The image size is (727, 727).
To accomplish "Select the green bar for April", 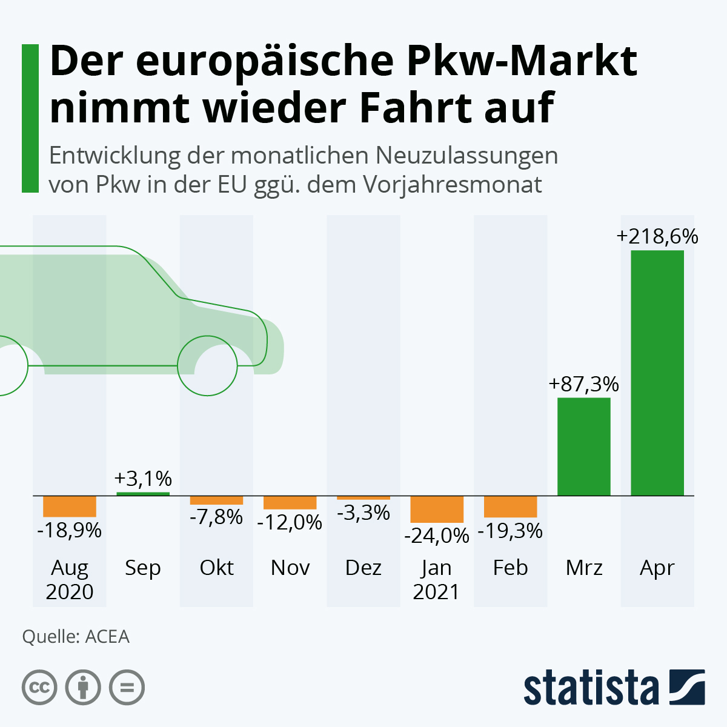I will click(657, 373).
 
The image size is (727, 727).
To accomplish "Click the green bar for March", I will click(583, 446).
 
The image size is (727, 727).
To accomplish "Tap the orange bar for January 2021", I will click(437, 510).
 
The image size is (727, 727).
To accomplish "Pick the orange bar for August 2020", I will click(70, 506).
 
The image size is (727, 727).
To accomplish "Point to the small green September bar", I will click(143, 494).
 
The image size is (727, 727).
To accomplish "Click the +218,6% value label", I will click(657, 236).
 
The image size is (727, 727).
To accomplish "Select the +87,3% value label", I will click(583, 384).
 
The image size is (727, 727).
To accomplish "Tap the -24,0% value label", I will click(437, 536).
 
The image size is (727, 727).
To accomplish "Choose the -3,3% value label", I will click(363, 513).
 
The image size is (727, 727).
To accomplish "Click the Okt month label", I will click(217, 568).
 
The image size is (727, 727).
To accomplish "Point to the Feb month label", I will click(510, 568).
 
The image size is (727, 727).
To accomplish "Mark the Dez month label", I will click(363, 568).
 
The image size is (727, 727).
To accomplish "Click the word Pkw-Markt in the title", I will click(522, 61).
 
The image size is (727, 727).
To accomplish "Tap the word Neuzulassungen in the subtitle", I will click(466, 156).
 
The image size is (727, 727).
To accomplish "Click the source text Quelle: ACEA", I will click(76, 637).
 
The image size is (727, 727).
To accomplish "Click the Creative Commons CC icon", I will click(40, 688).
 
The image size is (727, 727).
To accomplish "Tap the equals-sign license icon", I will click(127, 688).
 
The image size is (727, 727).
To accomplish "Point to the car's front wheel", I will click(207, 365).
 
